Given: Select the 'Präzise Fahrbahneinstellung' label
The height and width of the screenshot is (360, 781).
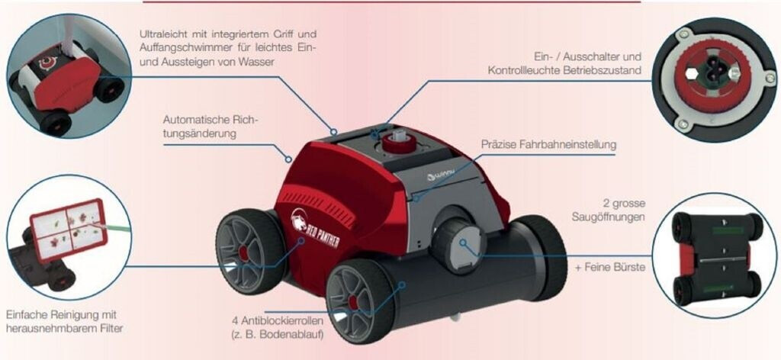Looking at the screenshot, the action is pyautogui.click(x=548, y=144).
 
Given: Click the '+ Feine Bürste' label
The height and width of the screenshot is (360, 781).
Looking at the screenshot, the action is pyautogui.click(x=610, y=268).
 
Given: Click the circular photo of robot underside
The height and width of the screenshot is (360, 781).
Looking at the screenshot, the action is pyautogui.click(x=715, y=256).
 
